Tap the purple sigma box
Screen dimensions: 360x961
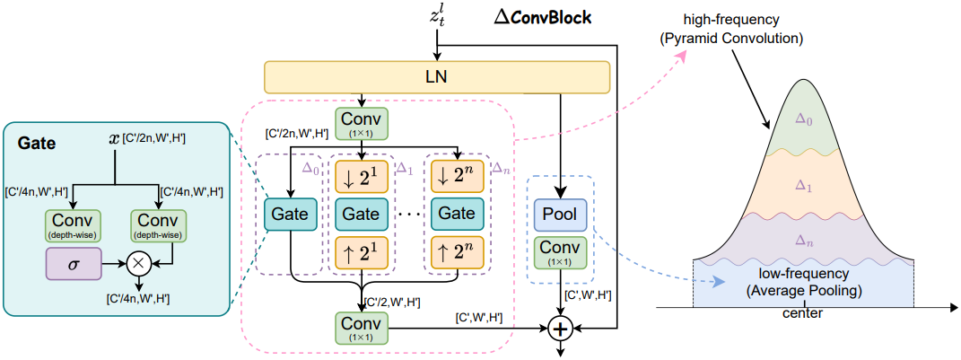point(74,263)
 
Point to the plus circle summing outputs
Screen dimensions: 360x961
point(561,329)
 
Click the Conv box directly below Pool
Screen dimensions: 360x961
point(560,252)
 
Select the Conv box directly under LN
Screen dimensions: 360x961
point(363,124)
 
